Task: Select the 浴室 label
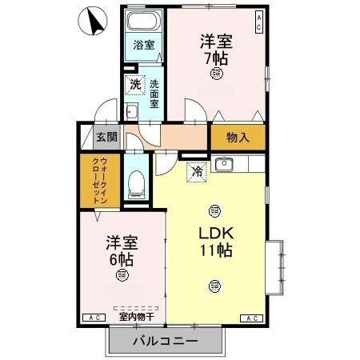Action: pyautogui.click(x=143, y=45)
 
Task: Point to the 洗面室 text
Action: pyautogui.click(x=154, y=91)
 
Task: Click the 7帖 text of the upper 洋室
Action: pyautogui.click(x=216, y=58)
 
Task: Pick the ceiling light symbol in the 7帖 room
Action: pyautogui.click(x=217, y=74)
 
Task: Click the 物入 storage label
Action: pyautogui.click(x=238, y=137)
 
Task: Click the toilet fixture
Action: pyautogui.click(x=136, y=184)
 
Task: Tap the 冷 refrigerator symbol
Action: pyautogui.click(x=196, y=170)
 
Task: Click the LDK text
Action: pyautogui.click(x=215, y=233)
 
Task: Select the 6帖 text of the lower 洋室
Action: pyautogui.click(x=120, y=259)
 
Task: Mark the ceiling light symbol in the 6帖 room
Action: pyautogui.click(x=122, y=276)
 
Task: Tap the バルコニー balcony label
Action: pyautogui.click(x=163, y=342)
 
